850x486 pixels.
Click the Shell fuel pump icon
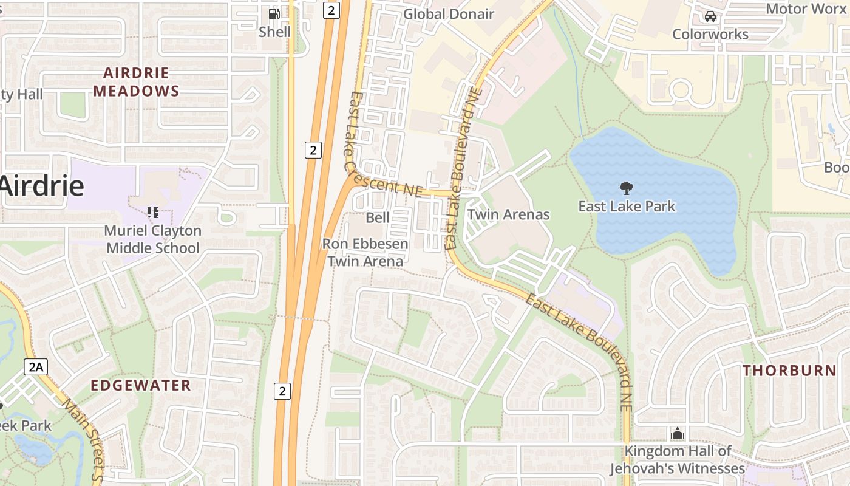pos(274,13)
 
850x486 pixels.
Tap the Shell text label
pos(274,32)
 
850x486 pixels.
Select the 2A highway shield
pos(36,366)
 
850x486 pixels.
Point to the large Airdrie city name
pos(41,185)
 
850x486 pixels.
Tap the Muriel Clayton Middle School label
pos(152,239)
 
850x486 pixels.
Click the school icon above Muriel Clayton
pos(152,213)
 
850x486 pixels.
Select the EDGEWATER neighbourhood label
pos(141,385)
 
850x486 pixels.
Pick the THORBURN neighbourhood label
pos(789,371)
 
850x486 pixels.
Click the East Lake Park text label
pos(626,207)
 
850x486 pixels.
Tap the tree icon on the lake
pos(626,188)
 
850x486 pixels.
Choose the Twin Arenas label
pos(508,214)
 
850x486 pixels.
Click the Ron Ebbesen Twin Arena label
pos(365,253)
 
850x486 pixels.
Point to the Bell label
pos(378,217)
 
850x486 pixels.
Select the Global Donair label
pos(449,14)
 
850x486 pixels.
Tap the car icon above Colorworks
pos(710,16)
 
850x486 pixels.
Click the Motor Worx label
pos(806,9)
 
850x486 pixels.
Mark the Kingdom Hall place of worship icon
pos(677,433)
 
